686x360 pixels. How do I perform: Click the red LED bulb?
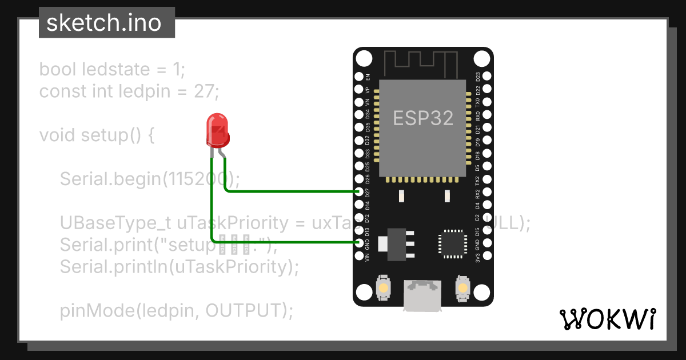(x=217, y=130)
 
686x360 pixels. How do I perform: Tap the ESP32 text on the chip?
(x=423, y=118)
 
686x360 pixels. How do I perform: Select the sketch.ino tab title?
(x=103, y=23)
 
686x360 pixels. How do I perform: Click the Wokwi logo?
(x=607, y=319)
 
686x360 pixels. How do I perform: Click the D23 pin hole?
(x=487, y=76)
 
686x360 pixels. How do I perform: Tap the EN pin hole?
(x=359, y=76)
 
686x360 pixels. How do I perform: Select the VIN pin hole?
(x=359, y=257)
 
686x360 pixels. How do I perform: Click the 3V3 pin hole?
(x=487, y=257)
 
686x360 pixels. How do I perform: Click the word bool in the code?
(x=58, y=70)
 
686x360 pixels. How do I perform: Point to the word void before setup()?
(x=58, y=135)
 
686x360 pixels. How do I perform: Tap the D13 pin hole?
(x=359, y=231)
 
